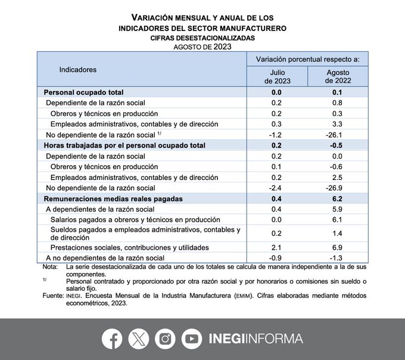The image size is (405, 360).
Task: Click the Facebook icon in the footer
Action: [112, 339]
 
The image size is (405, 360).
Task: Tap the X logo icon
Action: [139, 339]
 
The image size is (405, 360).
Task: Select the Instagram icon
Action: [165, 339]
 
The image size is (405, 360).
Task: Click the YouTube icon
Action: [192, 339]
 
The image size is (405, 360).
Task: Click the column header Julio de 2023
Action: [277, 76]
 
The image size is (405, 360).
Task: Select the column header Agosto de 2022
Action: [338, 76]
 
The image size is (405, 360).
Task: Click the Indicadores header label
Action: [78, 70]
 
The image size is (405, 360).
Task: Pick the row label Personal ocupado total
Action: [83, 92]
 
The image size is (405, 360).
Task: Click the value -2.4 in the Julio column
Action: [276, 188]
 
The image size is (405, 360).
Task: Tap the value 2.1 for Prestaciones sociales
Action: [276, 247]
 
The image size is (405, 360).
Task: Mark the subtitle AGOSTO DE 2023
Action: [202, 46]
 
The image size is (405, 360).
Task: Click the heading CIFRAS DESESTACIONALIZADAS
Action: [202, 38]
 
